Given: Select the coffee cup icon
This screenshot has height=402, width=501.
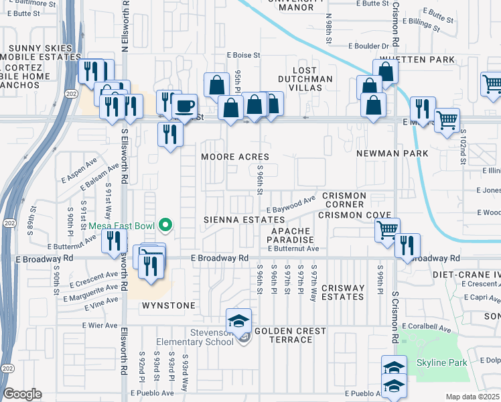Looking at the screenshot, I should click(x=184, y=106).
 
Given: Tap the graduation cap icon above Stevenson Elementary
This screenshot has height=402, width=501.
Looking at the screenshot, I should click(x=238, y=320).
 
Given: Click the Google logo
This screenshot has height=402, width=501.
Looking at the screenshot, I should click(x=21, y=394).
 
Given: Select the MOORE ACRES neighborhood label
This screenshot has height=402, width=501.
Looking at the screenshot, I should click(x=236, y=157).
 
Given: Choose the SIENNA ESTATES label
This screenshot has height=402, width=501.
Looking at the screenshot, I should click(x=244, y=219).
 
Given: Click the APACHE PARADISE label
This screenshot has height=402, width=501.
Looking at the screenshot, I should click(x=291, y=235).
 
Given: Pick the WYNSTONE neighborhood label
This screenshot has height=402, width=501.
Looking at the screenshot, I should click(x=168, y=306).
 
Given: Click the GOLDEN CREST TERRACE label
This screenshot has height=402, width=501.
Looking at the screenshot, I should click(x=290, y=335).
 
